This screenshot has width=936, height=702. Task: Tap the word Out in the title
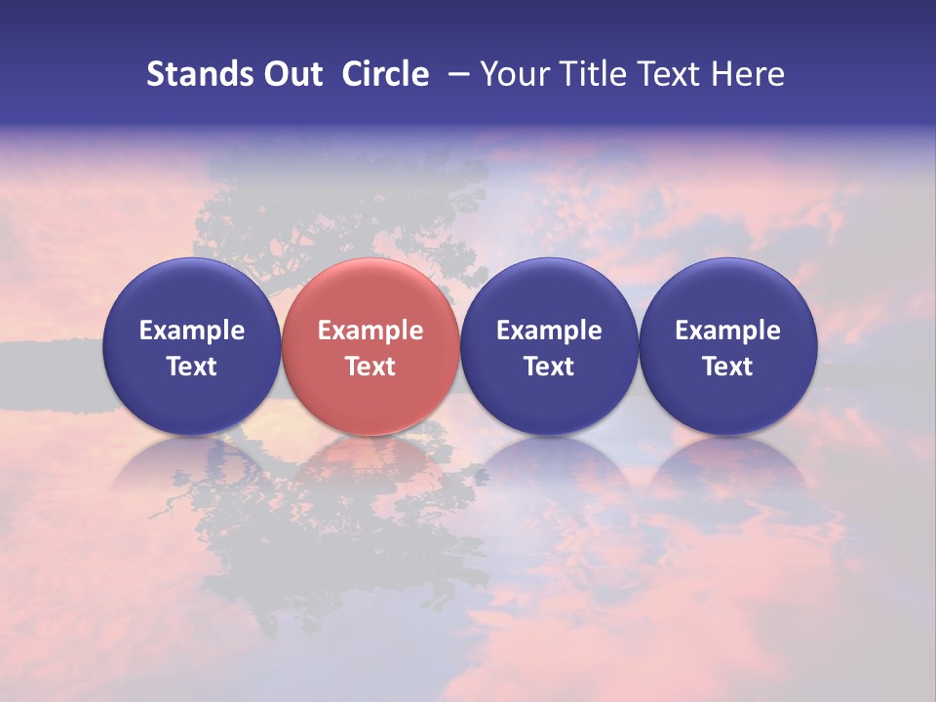[x=291, y=74]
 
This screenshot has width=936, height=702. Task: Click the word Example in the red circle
[x=370, y=331]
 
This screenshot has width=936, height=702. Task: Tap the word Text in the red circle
[x=370, y=367]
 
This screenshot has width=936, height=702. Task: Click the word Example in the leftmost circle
[x=191, y=331]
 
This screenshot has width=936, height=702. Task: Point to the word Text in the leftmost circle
[x=191, y=367]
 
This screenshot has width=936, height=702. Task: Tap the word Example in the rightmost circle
[x=727, y=331]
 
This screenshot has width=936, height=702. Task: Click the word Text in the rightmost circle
[x=727, y=367]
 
